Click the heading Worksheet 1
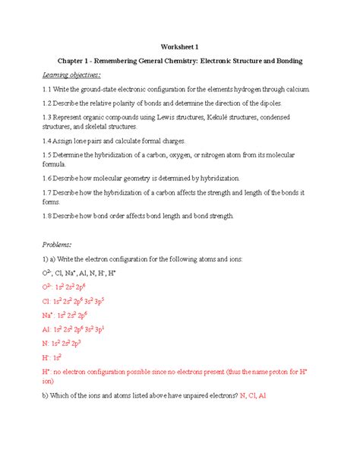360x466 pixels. (x=179, y=45)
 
